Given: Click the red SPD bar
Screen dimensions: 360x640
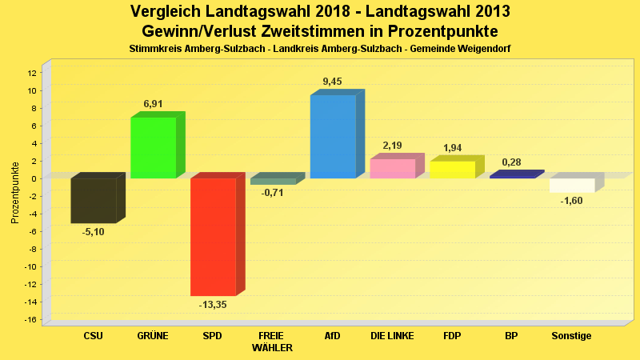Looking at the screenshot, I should coord(213,237).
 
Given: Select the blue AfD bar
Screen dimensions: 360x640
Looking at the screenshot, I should coord(333,136).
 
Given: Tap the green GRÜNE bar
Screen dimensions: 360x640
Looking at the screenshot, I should coord(154,147).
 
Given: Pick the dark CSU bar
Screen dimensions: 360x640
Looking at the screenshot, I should coord(94,200).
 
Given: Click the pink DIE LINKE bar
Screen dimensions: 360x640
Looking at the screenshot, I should coord(393,168).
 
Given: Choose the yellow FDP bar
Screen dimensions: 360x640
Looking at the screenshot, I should coord(453,170).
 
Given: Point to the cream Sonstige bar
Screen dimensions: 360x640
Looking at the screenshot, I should coord(572,185).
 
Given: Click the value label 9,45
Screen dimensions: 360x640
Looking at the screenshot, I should coord(333,81).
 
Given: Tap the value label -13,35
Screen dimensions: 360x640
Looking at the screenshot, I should coord(213,305).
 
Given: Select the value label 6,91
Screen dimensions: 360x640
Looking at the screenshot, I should coord(154,103).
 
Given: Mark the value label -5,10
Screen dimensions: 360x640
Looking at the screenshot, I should coord(94,232).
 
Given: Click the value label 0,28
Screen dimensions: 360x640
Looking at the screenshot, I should coord(512,163).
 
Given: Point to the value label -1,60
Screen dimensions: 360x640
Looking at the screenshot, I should coord(572,201).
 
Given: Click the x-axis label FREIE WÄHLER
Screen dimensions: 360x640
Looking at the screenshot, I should coord(272,342).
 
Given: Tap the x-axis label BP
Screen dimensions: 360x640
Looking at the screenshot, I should coord(512,336).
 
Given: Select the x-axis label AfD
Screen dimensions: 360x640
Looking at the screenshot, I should coord(333,336).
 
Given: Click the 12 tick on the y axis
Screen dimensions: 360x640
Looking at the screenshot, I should coord(32,73).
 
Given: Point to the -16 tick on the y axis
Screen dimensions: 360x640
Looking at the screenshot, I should coord(30,319).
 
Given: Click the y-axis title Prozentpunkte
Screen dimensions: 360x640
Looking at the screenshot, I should coord(14,192).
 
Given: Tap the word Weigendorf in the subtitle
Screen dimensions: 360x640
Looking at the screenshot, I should coord(482,49).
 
